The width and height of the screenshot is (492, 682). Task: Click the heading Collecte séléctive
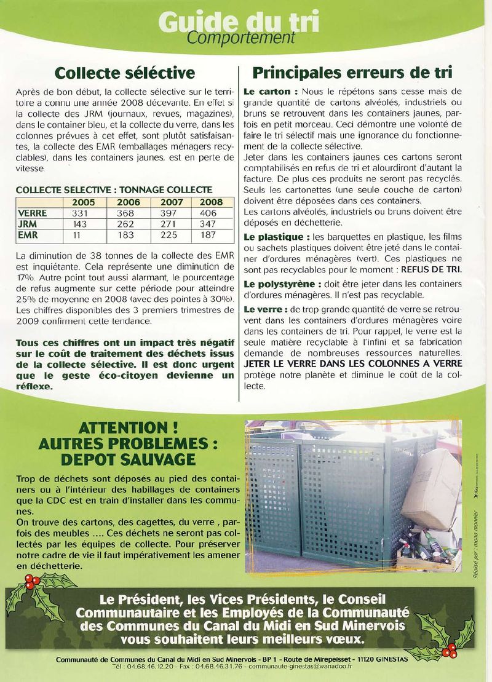(124, 73)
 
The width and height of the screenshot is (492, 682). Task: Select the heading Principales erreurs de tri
(352, 73)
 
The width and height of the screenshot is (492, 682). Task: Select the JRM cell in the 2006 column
(125, 224)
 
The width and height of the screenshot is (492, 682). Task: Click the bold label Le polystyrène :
(281, 284)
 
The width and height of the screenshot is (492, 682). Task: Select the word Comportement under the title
(241, 38)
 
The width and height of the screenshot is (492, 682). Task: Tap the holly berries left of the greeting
(33, 580)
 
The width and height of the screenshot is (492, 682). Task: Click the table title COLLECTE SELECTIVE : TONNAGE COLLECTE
(114, 190)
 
